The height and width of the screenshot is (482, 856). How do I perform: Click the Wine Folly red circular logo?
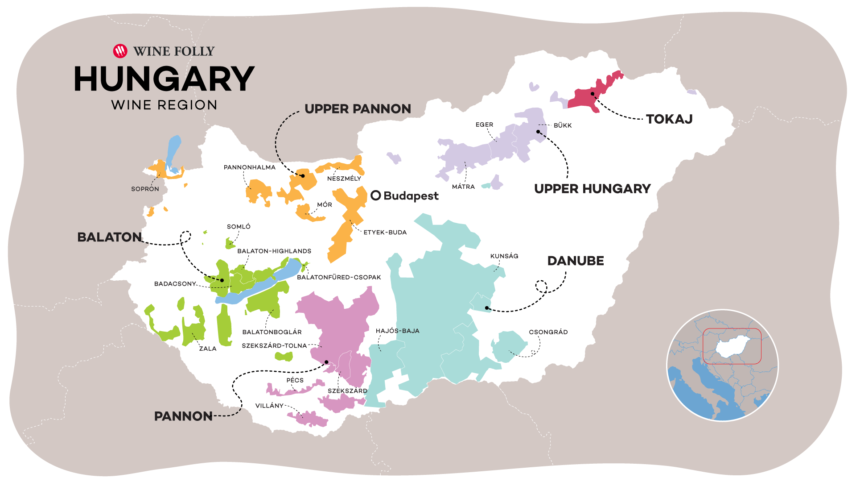coord(120,51)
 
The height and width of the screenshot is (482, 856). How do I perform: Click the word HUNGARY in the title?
coord(164,79)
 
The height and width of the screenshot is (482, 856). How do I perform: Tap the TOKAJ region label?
coord(669,119)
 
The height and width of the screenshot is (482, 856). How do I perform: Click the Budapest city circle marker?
coord(376,195)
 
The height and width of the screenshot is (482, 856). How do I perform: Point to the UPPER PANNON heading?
coord(358,109)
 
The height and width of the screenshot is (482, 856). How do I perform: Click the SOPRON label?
coord(145,189)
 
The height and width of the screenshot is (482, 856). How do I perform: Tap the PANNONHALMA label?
coord(250,167)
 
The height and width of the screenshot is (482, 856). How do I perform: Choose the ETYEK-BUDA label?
coord(385,233)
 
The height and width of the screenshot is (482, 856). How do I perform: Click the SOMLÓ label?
coord(239,227)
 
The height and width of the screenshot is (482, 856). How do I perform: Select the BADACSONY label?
coord(175,284)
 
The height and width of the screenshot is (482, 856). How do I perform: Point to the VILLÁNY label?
coord(269,406)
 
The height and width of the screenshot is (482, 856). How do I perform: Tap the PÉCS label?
coord(295,380)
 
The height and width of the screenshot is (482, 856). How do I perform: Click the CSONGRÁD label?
coord(548,332)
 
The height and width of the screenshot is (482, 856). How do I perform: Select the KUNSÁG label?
coord(504,256)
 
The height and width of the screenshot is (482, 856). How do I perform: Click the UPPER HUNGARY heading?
coord(592,189)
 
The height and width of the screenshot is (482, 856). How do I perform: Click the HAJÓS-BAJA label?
coord(397,331)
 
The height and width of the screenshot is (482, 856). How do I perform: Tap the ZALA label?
coord(208,349)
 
